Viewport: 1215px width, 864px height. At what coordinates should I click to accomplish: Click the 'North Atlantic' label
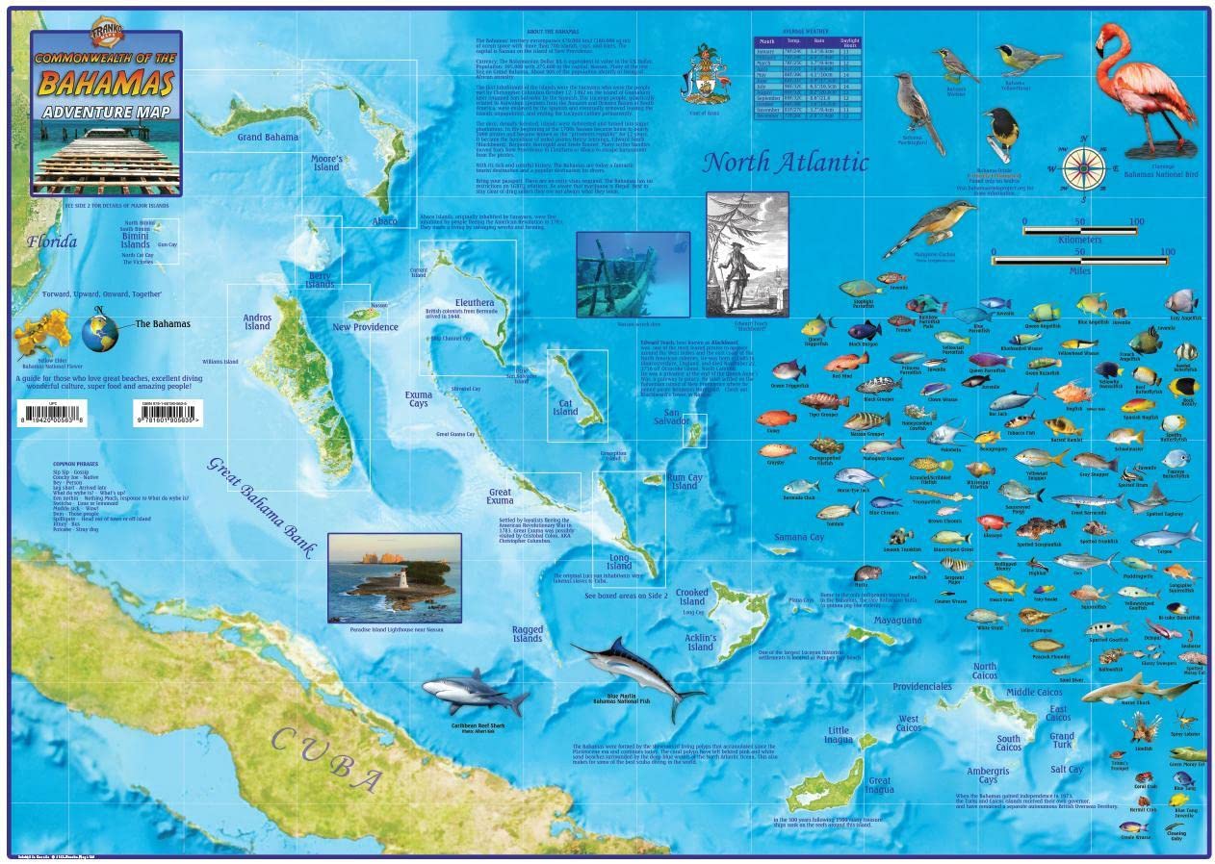point(784,162)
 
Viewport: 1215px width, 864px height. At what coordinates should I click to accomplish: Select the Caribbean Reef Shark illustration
point(474,693)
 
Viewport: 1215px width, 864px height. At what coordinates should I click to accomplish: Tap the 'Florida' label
point(52,242)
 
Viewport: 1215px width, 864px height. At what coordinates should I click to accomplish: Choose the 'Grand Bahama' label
point(268,138)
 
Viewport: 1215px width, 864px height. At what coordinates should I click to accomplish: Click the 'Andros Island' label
point(257,320)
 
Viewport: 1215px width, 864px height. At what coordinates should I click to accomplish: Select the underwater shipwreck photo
point(633,273)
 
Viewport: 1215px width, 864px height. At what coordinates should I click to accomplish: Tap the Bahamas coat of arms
point(704,74)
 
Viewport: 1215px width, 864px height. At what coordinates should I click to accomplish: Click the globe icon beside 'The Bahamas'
point(99,332)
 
